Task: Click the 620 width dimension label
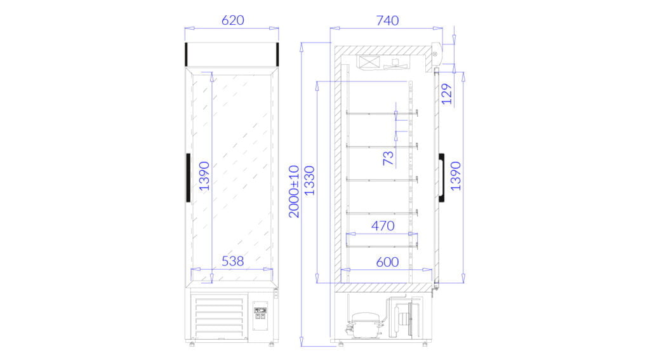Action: tap(232, 20)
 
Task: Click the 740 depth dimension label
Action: tap(387, 20)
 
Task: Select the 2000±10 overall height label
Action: tap(294, 192)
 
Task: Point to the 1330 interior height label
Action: tap(309, 180)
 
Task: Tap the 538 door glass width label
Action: tap(232, 261)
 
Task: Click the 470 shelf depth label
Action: tap(383, 225)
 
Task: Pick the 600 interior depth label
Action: tap(387, 262)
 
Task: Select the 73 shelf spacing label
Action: tap(388, 158)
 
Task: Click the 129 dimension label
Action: tap(446, 94)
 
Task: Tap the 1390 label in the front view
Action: tap(204, 176)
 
